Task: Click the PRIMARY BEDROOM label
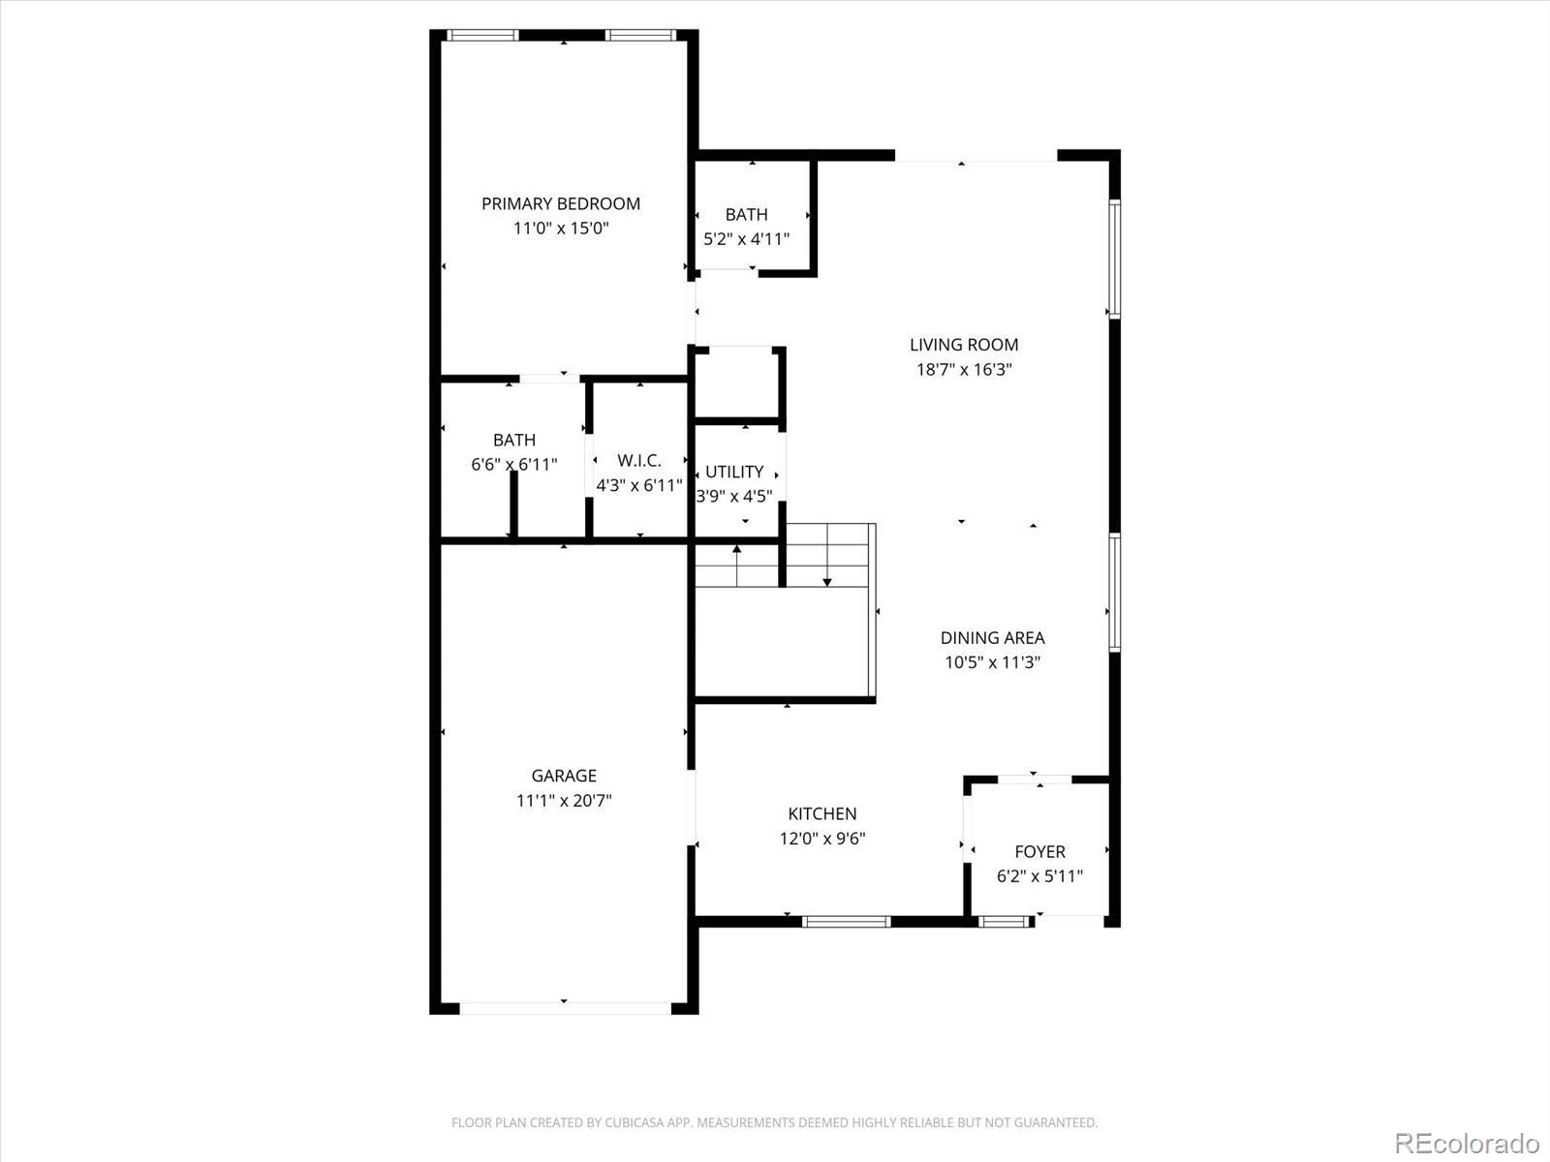(561, 203)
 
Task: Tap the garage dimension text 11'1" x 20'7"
(564, 801)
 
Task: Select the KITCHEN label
(821, 814)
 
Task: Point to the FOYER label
(1039, 852)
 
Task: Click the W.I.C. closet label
(639, 461)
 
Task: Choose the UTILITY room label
(734, 472)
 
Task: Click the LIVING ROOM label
(964, 345)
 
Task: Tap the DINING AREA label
(992, 638)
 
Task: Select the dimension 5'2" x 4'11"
(746, 239)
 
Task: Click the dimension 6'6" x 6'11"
(514, 465)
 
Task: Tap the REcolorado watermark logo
(1467, 1142)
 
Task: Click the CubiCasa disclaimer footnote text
(774, 1123)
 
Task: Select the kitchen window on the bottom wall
(846, 922)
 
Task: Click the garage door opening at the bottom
(564, 1008)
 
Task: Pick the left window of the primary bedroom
(481, 36)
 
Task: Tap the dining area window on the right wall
(1115, 592)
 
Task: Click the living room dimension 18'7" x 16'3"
(964, 370)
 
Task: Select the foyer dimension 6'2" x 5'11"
(1039, 877)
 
